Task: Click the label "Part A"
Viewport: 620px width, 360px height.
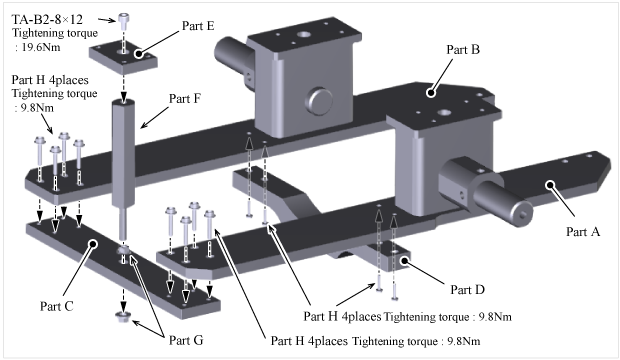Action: click(x=583, y=231)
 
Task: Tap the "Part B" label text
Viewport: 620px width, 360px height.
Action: click(x=463, y=49)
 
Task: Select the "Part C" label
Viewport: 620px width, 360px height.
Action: click(x=57, y=306)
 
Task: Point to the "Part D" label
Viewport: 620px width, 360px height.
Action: click(x=467, y=290)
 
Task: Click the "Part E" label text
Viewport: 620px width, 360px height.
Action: click(x=198, y=26)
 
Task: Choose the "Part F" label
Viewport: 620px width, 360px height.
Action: click(x=185, y=99)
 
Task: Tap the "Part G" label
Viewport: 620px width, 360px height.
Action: click(x=186, y=340)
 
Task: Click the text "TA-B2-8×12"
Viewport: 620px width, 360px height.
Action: click(x=47, y=19)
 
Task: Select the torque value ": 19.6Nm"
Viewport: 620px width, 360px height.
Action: click(x=38, y=47)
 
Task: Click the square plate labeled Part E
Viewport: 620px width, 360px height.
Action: click(x=123, y=59)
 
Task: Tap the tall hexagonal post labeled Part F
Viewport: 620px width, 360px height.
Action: click(x=123, y=154)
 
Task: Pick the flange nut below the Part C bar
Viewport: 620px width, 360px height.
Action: click(x=123, y=317)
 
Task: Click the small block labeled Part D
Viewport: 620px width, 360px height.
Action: click(x=389, y=257)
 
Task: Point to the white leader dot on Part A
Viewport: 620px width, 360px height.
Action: click(x=550, y=185)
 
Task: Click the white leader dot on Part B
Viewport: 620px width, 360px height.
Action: click(x=431, y=93)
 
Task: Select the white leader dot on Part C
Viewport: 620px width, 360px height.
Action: click(x=93, y=244)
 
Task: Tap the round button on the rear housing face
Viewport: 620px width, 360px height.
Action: click(x=319, y=101)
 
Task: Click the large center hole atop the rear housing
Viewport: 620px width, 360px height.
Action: click(x=304, y=34)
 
